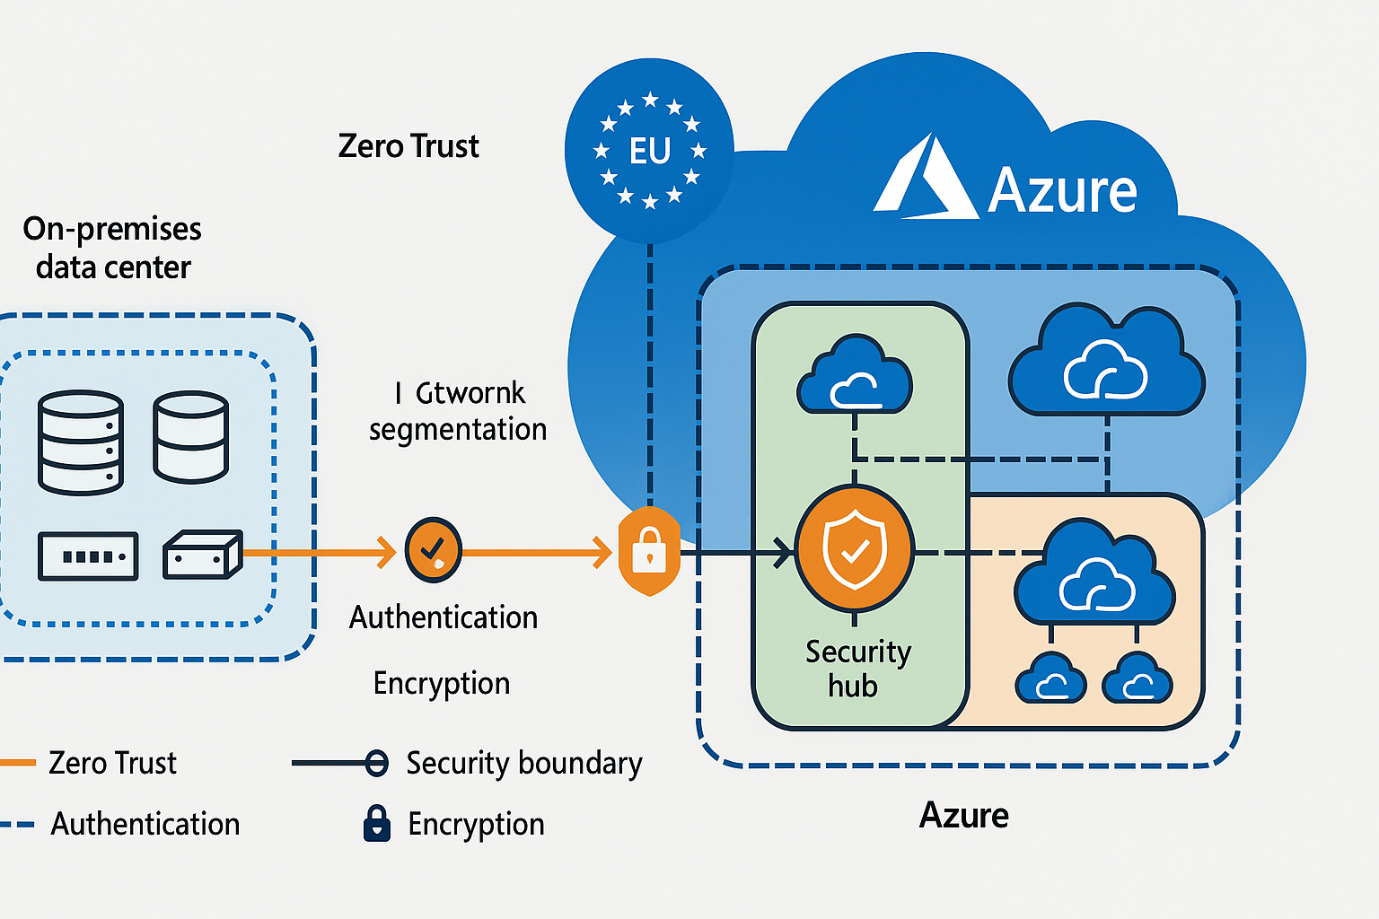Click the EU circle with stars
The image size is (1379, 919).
[x=649, y=151]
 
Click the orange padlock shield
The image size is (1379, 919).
[x=649, y=551]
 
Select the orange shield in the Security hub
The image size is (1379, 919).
[x=855, y=549]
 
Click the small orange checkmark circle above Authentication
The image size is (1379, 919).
[x=433, y=549]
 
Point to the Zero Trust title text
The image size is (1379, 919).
[x=408, y=146]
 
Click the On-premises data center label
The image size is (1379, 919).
[x=112, y=248]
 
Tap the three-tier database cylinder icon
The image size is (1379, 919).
[x=81, y=442]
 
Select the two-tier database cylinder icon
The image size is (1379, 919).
[x=190, y=437]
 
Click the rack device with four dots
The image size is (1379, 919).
[x=88, y=556]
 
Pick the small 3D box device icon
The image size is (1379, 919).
[x=202, y=555]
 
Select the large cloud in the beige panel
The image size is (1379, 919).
[x=1094, y=574]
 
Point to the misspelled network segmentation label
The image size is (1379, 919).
[x=458, y=411]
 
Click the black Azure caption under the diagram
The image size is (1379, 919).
[x=963, y=815]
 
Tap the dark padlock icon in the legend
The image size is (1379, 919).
[x=377, y=823]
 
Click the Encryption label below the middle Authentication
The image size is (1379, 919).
[x=441, y=684]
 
